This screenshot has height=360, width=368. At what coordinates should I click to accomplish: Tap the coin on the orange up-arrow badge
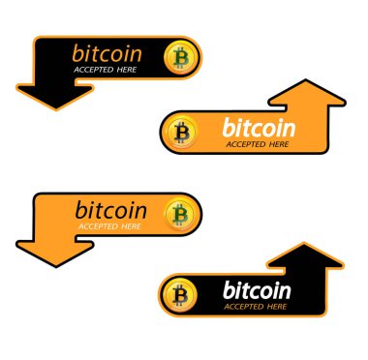[180, 132]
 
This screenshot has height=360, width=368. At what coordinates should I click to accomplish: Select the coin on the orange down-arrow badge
[178, 213]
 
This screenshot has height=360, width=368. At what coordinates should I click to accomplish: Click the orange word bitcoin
[107, 52]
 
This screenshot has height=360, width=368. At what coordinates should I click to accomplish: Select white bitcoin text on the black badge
[257, 289]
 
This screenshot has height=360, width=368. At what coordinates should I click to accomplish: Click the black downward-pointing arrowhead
[53, 96]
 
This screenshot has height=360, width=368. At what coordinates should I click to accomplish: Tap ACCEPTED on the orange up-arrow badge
[247, 144]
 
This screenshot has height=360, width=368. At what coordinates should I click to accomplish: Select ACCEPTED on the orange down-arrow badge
[96, 226]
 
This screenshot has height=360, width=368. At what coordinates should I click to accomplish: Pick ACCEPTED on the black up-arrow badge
[245, 307]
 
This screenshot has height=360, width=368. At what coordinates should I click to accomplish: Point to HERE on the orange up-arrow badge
[279, 144]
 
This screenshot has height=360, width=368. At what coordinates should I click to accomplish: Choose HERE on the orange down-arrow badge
[129, 226]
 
